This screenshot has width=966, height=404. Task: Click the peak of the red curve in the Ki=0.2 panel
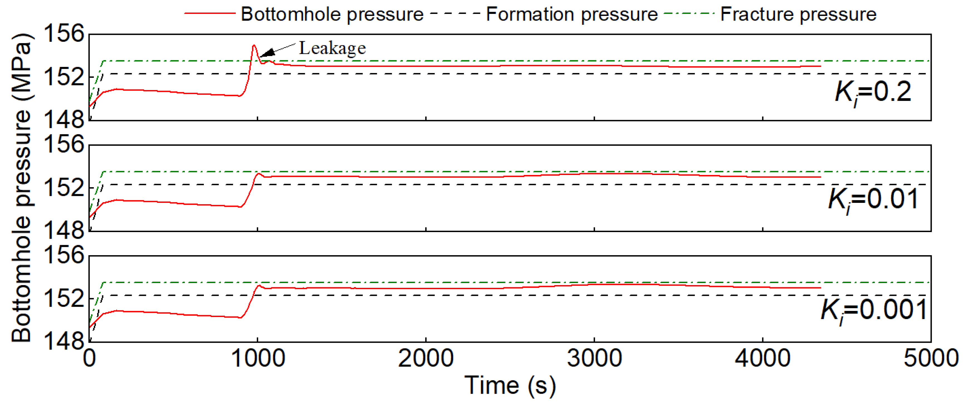(x=254, y=45)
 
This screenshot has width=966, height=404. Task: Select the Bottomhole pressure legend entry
(x=332, y=14)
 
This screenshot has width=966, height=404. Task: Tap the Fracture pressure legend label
(x=798, y=14)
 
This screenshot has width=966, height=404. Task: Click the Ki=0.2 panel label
(x=873, y=92)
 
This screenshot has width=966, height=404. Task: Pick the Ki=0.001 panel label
(x=873, y=310)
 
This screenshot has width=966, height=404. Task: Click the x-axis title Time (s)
(x=510, y=385)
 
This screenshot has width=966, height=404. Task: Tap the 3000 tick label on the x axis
(x=594, y=358)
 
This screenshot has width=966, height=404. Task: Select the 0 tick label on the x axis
(x=89, y=358)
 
